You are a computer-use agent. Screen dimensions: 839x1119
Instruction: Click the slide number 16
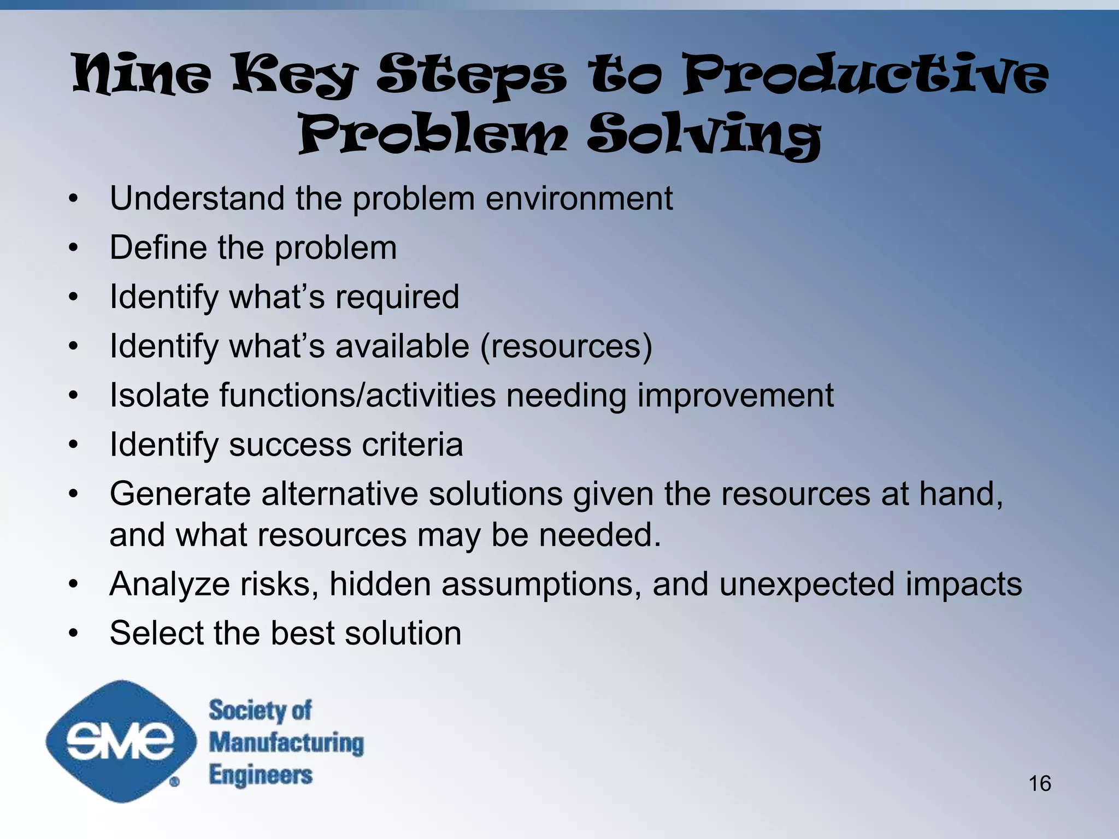point(1040,783)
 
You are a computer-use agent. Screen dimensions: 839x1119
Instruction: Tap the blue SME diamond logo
point(121,741)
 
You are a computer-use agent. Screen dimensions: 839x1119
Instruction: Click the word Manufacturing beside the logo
point(286,743)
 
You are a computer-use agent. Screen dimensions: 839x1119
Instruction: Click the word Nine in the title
point(142,74)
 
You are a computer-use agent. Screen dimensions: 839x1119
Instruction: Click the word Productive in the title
point(865,74)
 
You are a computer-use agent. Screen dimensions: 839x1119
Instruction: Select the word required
point(397,298)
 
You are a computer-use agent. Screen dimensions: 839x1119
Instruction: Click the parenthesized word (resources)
point(566,346)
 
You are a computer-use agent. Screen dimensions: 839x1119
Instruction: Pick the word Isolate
point(159,395)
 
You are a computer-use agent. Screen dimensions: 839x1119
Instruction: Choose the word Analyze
point(169,584)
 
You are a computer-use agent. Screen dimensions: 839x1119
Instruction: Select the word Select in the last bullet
point(156,634)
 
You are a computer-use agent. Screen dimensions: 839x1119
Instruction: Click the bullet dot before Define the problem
point(74,249)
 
